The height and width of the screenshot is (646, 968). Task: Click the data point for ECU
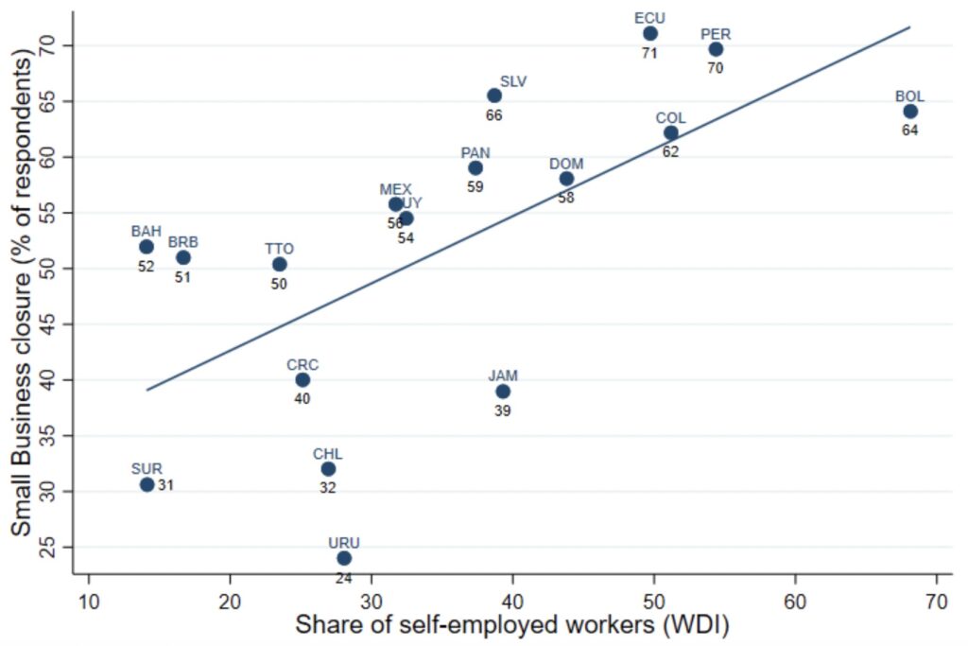[x=650, y=34]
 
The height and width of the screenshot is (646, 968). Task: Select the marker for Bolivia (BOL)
[x=910, y=112]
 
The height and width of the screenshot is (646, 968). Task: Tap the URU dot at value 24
[x=344, y=558]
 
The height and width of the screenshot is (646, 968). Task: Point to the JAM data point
[x=503, y=392]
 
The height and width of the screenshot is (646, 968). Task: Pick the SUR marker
[x=147, y=484]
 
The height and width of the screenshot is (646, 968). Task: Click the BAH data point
[x=147, y=247]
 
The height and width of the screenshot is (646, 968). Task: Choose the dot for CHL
[x=328, y=469]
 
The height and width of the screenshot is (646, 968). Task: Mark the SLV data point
[x=494, y=96]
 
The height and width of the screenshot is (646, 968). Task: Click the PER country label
[x=716, y=34]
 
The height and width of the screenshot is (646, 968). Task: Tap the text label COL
[x=670, y=118]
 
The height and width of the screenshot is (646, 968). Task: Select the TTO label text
[x=279, y=249]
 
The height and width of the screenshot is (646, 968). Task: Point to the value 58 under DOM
[x=566, y=199]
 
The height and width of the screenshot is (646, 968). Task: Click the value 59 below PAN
[x=475, y=187]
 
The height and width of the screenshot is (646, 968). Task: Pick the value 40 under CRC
[x=302, y=398]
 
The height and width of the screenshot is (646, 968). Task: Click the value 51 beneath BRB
[x=183, y=277]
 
